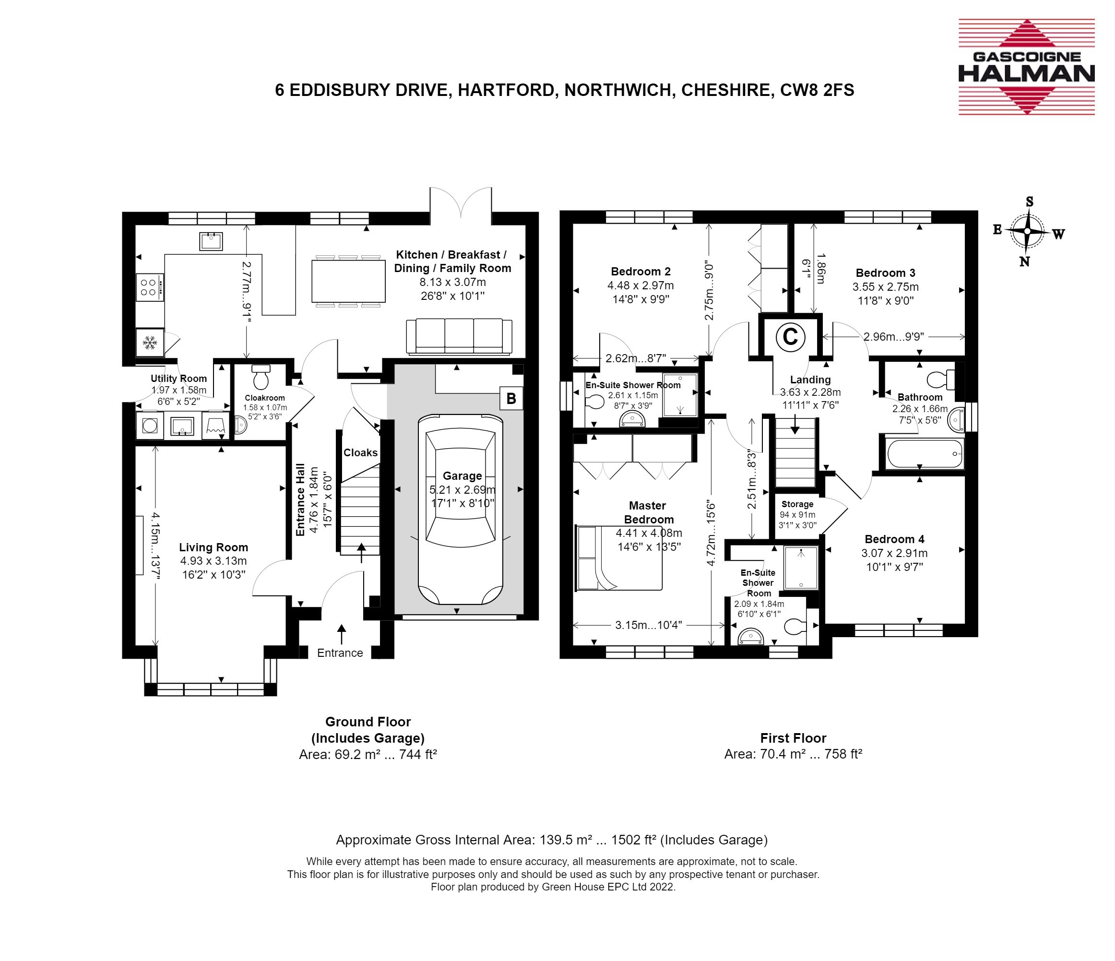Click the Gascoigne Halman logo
[1026, 67]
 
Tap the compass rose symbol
[1027, 232]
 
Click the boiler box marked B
[511, 399]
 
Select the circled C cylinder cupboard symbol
[790, 337]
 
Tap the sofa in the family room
[459, 337]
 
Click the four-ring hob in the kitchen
[150, 287]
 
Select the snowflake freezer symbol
[150, 342]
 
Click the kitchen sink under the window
[211, 241]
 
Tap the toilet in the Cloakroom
[261, 376]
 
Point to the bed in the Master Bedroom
[618, 558]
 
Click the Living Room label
[214, 547]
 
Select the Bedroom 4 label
[894, 539]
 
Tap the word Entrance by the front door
[340, 653]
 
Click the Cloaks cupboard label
[360, 452]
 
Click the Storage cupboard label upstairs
[797, 504]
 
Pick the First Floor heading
[793, 738]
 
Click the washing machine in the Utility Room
[150, 426]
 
